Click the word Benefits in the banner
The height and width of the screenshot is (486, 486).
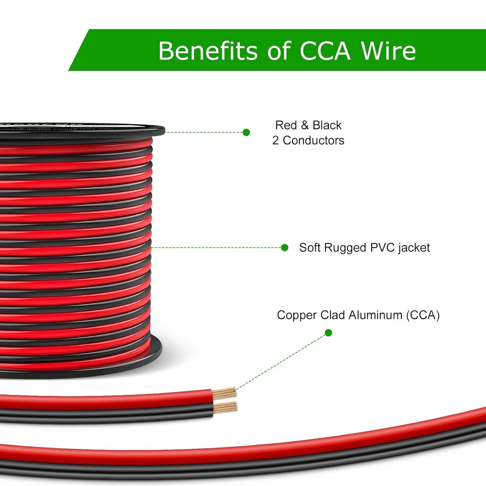(207, 51)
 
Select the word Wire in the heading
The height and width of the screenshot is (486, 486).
(388, 51)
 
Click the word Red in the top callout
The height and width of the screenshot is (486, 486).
(286, 125)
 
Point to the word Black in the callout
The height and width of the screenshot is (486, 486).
(327, 125)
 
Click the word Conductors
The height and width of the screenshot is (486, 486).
(313, 140)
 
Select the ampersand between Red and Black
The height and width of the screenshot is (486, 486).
(305, 125)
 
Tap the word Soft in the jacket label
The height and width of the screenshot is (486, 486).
(309, 247)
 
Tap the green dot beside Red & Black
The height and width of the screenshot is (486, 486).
(246, 132)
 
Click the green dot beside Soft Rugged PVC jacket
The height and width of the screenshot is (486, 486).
(285, 247)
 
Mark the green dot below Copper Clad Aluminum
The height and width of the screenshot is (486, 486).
(328, 333)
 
